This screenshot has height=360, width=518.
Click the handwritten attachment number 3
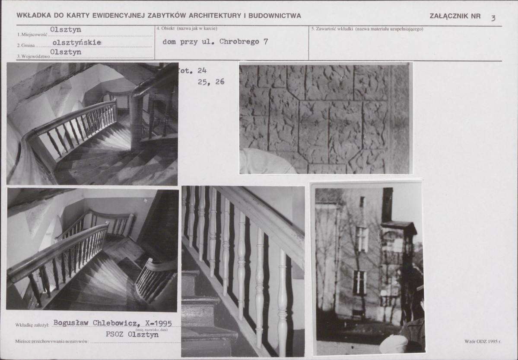pyautogui.click(x=493, y=18)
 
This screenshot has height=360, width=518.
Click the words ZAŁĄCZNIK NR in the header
pyautogui.click(x=455, y=16)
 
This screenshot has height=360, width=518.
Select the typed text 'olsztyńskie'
pyautogui.click(x=76, y=43)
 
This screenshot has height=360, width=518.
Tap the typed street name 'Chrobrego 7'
pyautogui.click(x=244, y=41)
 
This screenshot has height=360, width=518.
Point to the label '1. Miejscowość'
pyautogui.click(x=32, y=35)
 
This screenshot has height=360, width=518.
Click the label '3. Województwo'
pyautogui.click(x=33, y=57)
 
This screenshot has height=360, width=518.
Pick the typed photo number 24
pyautogui.click(x=202, y=71)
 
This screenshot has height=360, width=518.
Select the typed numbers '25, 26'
pyautogui.click(x=211, y=82)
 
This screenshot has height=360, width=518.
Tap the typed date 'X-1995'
pyautogui.click(x=158, y=323)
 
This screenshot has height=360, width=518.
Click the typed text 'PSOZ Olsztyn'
pyautogui.click(x=132, y=334)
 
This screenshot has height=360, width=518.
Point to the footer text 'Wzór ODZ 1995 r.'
pyautogui.click(x=483, y=341)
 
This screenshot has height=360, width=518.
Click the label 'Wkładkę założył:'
pyautogui.click(x=32, y=325)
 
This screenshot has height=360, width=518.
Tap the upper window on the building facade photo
pyautogui.click(x=362, y=239)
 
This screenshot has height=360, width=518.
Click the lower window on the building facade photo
pyautogui.click(x=359, y=283)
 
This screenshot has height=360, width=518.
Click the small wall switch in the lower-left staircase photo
pyautogui.click(x=145, y=201)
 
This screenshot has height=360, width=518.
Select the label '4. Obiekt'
pyautogui.click(x=165, y=29)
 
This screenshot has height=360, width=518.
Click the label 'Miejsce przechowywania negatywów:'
pyautogui.click(x=52, y=341)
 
